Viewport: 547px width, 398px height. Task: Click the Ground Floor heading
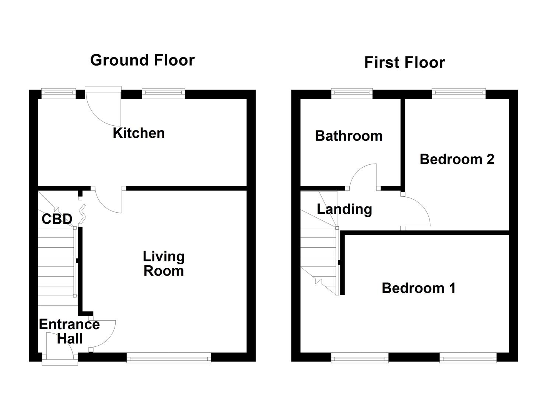tap(142, 60)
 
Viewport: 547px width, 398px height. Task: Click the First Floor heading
tap(404, 63)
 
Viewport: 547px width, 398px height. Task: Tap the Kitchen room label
tap(138, 133)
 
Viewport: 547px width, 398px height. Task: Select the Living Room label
tap(164, 263)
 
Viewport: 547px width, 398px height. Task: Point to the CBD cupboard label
tap(57, 219)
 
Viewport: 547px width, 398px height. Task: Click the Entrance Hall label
tap(69, 331)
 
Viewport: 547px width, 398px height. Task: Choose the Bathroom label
tap(348, 136)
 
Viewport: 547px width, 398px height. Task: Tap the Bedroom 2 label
tap(456, 159)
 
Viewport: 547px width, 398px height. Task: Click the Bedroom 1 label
tap(418, 288)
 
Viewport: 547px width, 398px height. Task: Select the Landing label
tap(344, 209)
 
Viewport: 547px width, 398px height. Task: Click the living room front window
tap(169, 357)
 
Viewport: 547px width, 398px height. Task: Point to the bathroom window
tap(352, 94)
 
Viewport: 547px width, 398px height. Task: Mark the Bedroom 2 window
tap(459, 94)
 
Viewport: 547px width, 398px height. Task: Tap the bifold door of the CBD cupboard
tap(82, 214)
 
